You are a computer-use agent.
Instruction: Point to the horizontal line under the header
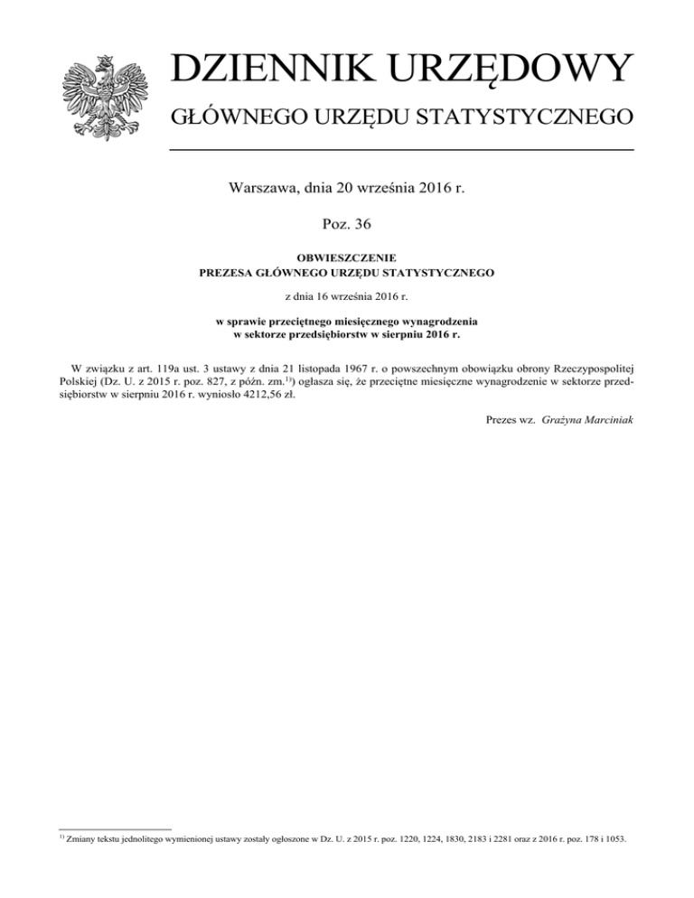402,150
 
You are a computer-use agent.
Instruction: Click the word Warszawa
269,189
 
